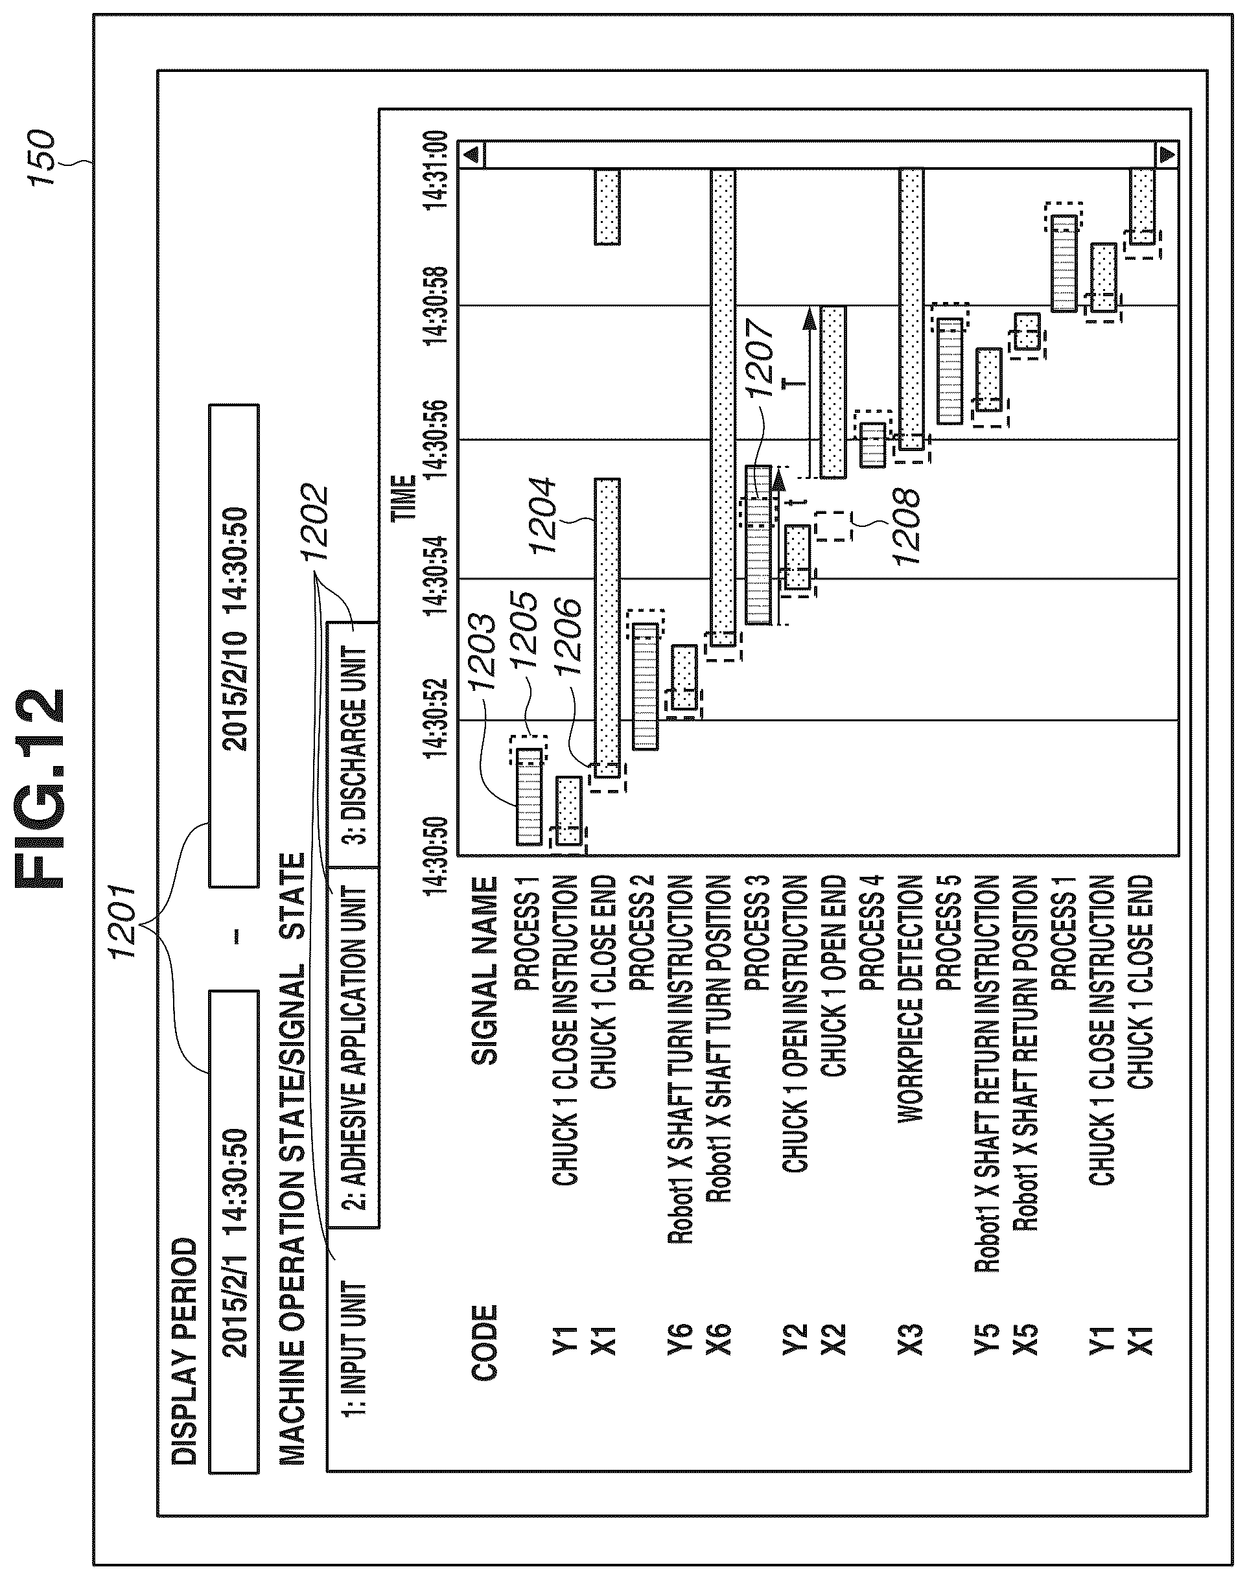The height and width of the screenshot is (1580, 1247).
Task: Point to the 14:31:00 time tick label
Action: (437, 170)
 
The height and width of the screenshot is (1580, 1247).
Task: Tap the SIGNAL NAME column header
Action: (485, 970)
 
